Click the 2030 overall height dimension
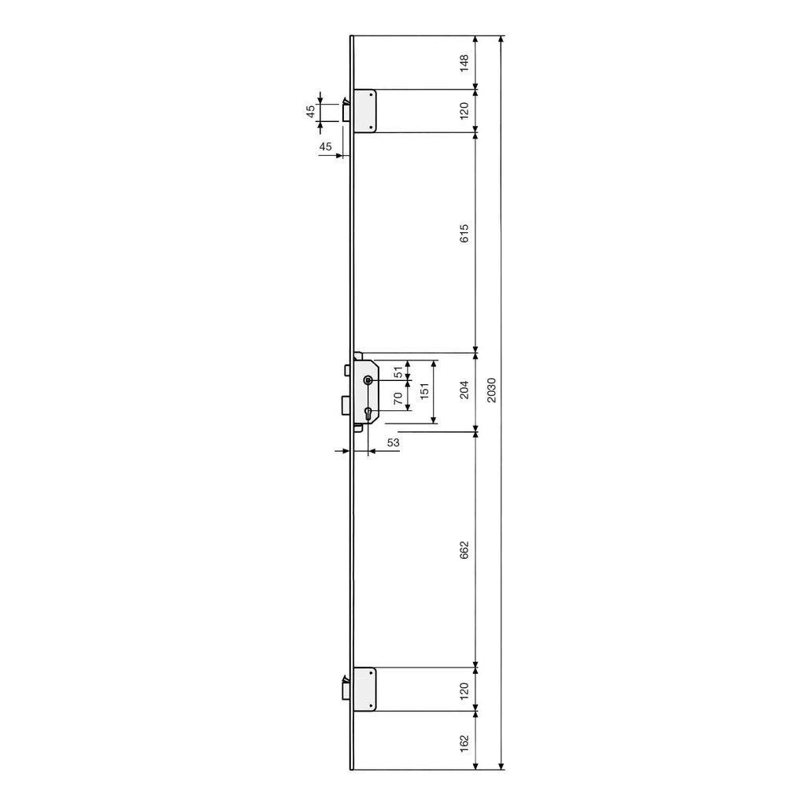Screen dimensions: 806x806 point(491,391)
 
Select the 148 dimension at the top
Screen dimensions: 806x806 point(464,62)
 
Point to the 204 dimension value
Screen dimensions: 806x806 point(464,390)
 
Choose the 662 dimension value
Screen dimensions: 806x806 point(464,549)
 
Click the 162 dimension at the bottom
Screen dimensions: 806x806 point(464,742)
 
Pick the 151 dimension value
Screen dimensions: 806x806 point(424,392)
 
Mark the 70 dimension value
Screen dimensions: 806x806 point(398,398)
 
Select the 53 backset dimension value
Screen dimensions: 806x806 point(394,443)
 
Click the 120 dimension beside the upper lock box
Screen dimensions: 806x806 point(464,110)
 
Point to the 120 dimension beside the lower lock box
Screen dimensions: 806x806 point(464,691)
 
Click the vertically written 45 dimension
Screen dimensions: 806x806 point(311,112)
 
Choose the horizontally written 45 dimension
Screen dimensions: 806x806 point(325,146)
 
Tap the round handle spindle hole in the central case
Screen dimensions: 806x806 point(368,380)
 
